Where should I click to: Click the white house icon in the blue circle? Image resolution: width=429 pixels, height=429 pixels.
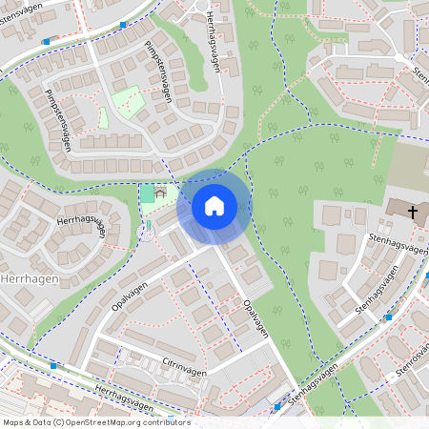pos(214,206)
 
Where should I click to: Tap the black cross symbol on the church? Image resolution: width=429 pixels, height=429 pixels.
pos(413,212)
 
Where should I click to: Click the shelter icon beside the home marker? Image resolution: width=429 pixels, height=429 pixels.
pos(160,193)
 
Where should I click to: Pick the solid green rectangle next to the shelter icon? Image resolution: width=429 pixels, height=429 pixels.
pos(147,194)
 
